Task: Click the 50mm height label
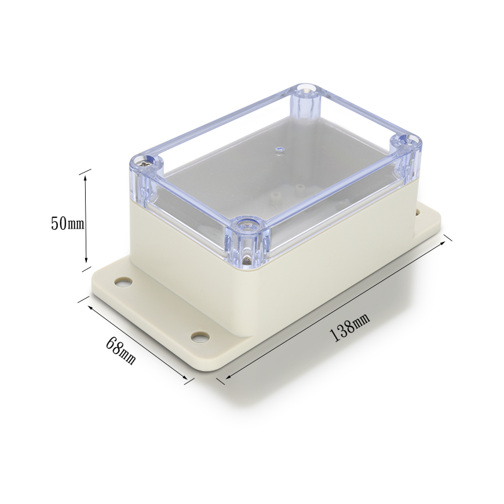67,224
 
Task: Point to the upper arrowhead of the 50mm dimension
85,178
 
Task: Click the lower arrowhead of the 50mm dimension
86,259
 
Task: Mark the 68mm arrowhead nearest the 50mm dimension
91,307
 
